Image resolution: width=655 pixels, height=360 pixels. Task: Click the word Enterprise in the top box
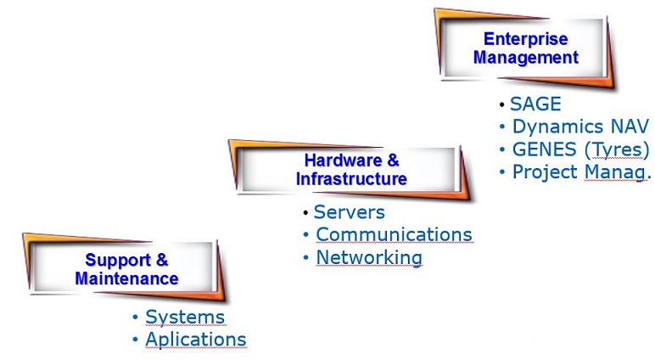[525, 39]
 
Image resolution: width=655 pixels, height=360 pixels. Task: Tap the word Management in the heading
[526, 58]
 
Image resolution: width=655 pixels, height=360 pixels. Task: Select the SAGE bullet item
[535, 104]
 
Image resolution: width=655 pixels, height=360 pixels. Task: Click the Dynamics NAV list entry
[580, 127]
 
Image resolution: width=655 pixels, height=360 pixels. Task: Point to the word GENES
[545, 149]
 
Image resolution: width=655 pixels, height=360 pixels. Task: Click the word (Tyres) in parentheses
[617, 149]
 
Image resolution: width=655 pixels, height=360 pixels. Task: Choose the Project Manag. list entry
[582, 172]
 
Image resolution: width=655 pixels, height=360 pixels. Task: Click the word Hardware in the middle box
[343, 160]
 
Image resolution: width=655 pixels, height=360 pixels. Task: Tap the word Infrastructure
[351, 179]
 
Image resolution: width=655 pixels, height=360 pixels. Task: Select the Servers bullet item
[350, 212]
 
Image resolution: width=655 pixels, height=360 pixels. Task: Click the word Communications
[394, 234]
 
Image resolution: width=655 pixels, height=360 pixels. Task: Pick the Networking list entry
[369, 257]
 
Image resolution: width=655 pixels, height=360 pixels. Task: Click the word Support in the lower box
[117, 261]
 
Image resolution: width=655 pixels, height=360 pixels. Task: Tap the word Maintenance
[126, 278]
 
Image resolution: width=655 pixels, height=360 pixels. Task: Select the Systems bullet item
[185, 318]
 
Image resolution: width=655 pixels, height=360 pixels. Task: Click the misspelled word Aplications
[195, 340]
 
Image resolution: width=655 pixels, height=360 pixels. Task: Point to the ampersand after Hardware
[393, 160]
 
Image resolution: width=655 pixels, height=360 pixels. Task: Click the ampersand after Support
[162, 260]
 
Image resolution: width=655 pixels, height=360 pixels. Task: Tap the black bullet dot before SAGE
[502, 104]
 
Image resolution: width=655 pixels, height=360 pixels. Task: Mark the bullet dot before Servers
[305, 212]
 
